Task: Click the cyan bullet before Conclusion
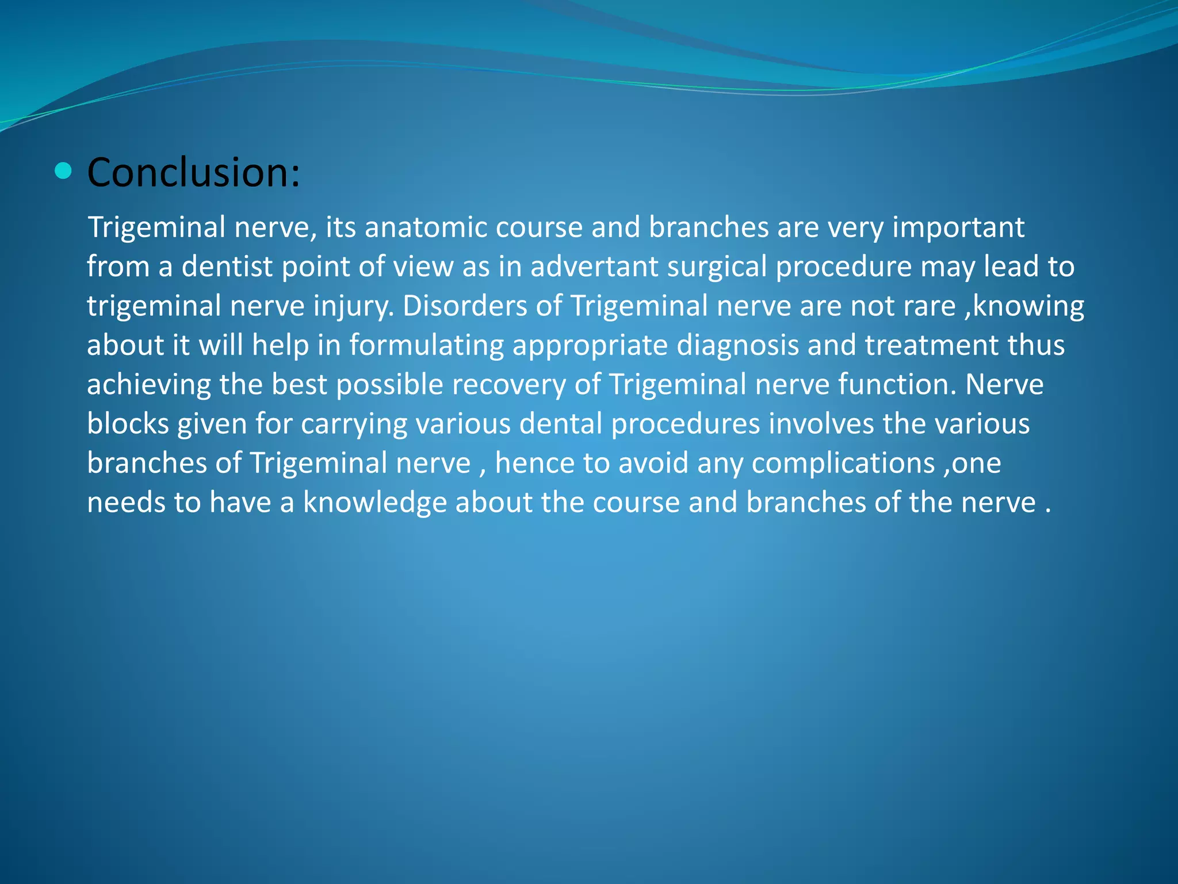pos(63,171)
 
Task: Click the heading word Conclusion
pos(193,172)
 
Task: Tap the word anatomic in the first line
pos(426,227)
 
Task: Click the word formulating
pos(426,346)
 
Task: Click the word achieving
pos(148,385)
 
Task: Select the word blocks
pos(128,424)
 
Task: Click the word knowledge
pos(375,503)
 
